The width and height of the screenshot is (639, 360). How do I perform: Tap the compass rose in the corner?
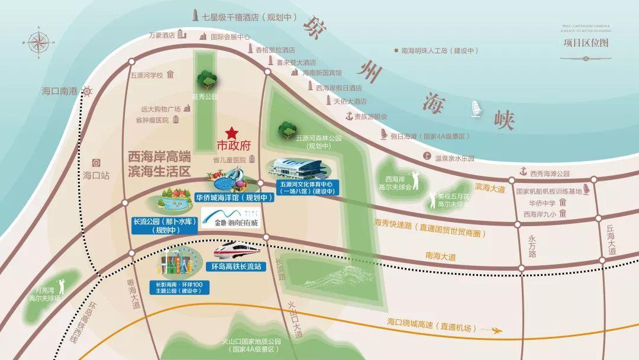coord(40,43)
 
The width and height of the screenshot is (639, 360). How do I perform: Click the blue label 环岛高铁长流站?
coord(236,267)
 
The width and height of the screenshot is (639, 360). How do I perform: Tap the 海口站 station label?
coord(96,175)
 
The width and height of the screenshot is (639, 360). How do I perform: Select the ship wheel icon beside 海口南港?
coord(88,91)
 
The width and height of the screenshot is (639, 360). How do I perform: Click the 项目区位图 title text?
coord(586,43)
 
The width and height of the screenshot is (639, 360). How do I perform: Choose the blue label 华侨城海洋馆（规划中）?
coord(234,198)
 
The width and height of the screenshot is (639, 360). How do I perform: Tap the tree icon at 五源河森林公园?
coord(287,128)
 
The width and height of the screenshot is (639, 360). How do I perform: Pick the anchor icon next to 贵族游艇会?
coord(349,115)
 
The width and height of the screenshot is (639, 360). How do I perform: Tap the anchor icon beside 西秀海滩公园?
coord(523,172)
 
